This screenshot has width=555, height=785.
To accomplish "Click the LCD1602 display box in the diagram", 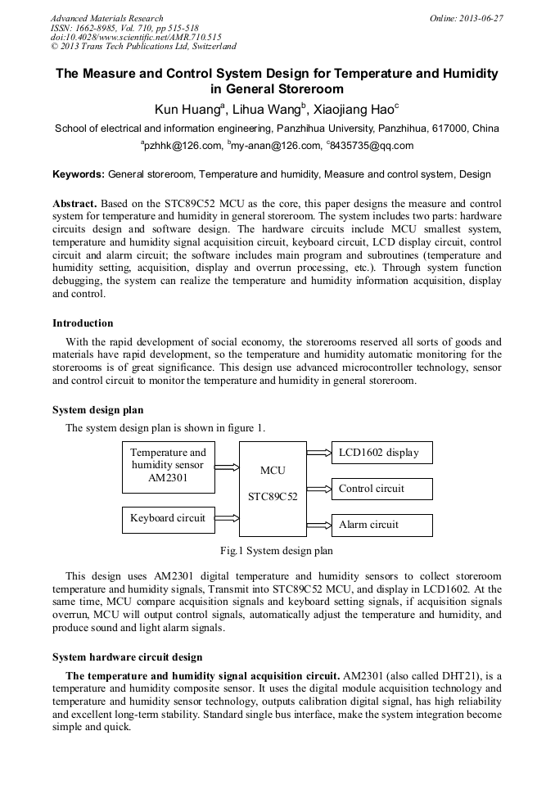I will (x=381, y=453).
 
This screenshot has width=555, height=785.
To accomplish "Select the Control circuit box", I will (x=381, y=489).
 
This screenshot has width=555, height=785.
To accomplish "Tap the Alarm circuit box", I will (x=381, y=525).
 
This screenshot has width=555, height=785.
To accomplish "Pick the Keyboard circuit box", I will (x=169, y=518).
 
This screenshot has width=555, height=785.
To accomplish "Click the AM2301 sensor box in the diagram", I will (x=169, y=467).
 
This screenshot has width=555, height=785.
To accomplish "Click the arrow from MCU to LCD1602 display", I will (x=318, y=452).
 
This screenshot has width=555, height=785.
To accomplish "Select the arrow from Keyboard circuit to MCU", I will (x=227, y=518).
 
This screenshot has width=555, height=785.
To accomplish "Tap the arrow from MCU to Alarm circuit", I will (x=318, y=525).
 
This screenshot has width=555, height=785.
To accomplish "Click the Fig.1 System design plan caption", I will (x=277, y=551).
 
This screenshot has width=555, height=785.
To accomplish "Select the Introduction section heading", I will (x=83, y=323).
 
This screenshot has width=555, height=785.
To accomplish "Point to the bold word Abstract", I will (x=74, y=203).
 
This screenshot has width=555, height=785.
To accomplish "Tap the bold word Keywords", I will (x=79, y=174).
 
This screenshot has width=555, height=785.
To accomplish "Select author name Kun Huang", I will (x=188, y=109).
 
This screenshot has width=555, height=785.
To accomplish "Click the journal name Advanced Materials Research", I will (x=106, y=18).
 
